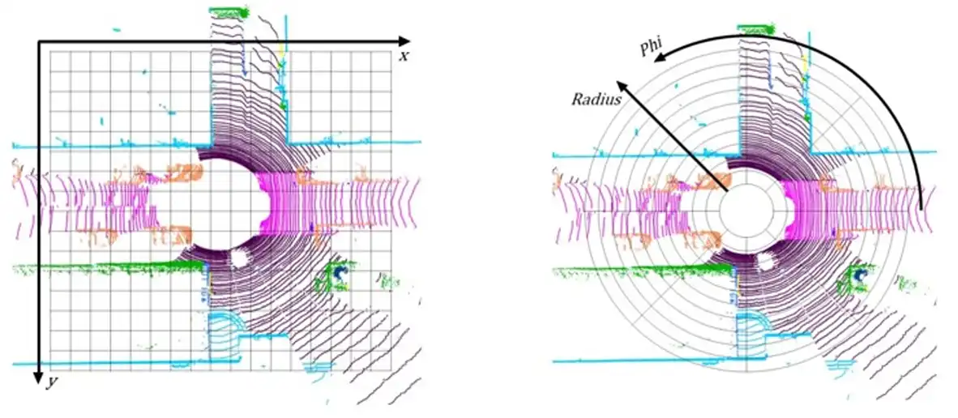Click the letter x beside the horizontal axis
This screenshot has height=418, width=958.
[x=404, y=57]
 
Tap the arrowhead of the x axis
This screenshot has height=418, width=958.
[x=404, y=41]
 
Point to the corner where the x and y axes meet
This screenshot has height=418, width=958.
[x=38, y=41]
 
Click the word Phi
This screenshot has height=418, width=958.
[x=651, y=49]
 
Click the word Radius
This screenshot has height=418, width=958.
[x=597, y=100]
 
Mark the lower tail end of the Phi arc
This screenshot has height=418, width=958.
[x=921, y=209]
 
